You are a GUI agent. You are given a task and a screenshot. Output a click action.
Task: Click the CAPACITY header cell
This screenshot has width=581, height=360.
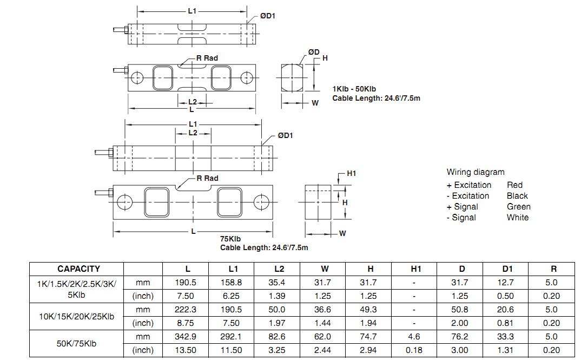(78, 269)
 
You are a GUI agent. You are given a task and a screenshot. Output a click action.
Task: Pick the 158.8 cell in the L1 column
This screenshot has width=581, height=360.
(233, 283)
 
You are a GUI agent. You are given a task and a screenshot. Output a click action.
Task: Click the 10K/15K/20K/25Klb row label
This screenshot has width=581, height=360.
(77, 316)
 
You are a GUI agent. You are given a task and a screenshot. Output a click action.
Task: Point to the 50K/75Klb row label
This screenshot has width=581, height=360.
(77, 343)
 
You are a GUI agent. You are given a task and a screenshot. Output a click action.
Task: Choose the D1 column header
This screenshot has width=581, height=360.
(507, 269)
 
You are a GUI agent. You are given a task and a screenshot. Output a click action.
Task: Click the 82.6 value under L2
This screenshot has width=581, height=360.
(279, 337)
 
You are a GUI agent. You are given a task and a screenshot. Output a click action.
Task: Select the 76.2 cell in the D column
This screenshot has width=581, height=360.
(461, 337)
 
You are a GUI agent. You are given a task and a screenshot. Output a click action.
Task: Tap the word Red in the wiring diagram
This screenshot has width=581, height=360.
(514, 185)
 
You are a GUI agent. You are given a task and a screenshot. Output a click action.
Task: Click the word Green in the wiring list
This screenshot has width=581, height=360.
(518, 207)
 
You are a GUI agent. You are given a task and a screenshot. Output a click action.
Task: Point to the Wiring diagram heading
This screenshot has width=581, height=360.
(475, 172)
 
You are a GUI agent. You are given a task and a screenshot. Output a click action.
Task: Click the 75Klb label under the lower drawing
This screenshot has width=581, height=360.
(230, 239)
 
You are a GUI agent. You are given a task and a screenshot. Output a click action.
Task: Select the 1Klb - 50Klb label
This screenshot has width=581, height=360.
(354, 89)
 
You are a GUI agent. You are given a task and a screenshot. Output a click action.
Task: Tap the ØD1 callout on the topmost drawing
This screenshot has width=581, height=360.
(267, 16)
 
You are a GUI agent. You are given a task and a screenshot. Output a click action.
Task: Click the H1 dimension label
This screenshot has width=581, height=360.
(351, 173)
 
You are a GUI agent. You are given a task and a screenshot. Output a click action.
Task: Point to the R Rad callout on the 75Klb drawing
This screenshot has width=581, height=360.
(207, 178)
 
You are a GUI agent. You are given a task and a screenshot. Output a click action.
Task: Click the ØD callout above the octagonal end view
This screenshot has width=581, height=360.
(314, 52)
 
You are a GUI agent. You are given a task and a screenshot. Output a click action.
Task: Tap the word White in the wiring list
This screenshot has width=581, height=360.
(518, 218)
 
